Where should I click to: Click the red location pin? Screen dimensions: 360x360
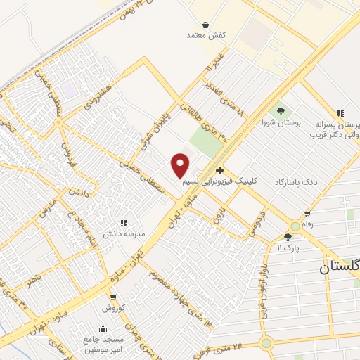pos(181,165)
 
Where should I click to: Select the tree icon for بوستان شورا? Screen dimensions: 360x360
pos(281,110)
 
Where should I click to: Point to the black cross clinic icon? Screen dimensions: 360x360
pos(220,169)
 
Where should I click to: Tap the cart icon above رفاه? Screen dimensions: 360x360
pos(307,214)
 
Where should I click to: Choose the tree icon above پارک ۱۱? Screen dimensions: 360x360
pos(288,237)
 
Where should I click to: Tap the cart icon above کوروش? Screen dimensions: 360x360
pos(112,297)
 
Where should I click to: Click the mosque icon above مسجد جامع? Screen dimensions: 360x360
pos(104,328)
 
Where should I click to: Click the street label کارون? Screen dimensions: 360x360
pos(219,215)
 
